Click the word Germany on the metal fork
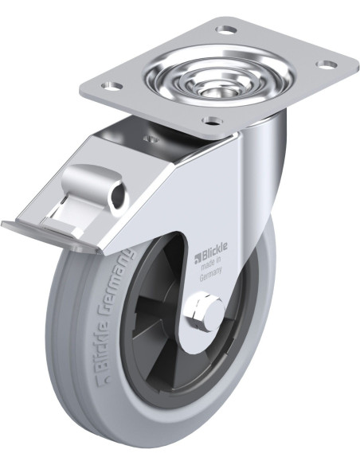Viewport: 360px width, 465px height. pyautogui.click(x=211, y=275)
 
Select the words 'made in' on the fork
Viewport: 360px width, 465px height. pyautogui.click(x=211, y=265)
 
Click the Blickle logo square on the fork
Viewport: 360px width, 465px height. pyautogui.click(x=198, y=259)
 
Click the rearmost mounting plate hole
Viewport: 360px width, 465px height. pyautogui.click(x=226, y=29)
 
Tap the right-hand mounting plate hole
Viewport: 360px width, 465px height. pyautogui.click(x=327, y=64)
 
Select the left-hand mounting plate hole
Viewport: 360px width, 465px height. pyautogui.click(x=112, y=86)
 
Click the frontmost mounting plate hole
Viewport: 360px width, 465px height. pyautogui.click(x=213, y=120)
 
